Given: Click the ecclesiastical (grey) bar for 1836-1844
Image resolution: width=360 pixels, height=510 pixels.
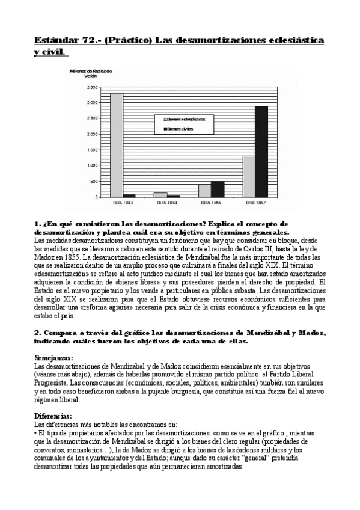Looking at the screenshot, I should pos(117,145).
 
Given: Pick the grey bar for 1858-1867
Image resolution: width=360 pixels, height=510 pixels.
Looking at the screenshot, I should pos(249,176).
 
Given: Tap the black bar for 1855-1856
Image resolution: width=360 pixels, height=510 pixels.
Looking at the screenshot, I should pos(217,189).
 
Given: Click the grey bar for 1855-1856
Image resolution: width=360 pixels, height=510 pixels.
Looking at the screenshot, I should pos(205,191).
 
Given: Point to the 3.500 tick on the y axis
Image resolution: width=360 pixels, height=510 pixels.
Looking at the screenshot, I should pos(91,88).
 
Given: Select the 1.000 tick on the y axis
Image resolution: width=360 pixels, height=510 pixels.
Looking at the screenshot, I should pos(91,165).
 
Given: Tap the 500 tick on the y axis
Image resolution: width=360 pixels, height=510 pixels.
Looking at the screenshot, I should pos(93,181).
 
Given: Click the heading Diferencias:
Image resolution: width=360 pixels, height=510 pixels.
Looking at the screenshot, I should pos(52,416).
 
